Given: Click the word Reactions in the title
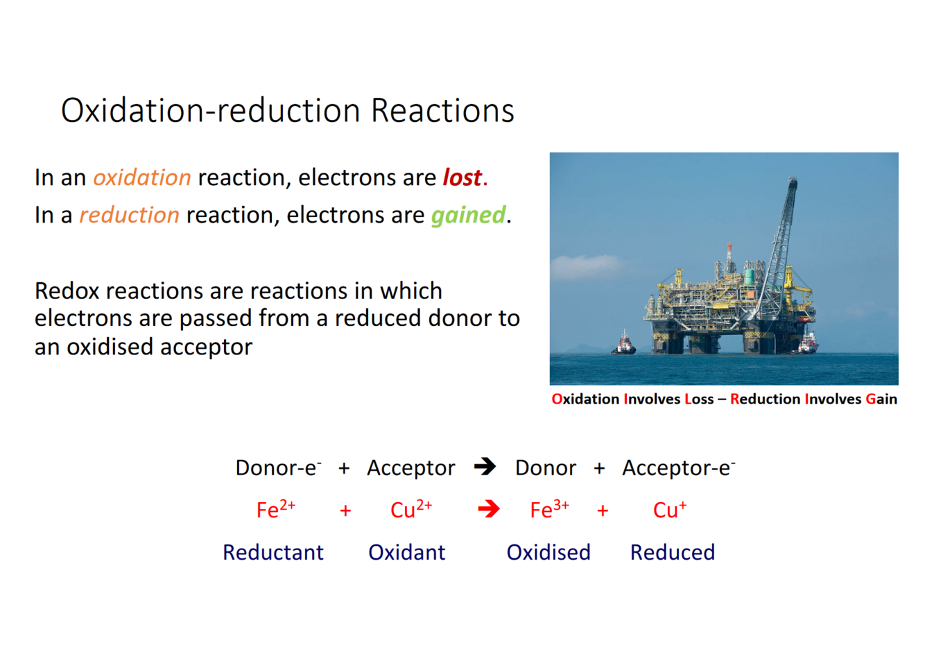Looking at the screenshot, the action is point(442,111).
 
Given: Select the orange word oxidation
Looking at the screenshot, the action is point(142,178).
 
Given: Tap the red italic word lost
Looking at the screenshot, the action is point(462,178).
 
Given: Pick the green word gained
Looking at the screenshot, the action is point(468,216).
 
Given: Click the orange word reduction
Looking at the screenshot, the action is point(129,215).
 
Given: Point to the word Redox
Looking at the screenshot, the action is point(67,291).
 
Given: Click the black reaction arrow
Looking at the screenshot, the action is point(485,467).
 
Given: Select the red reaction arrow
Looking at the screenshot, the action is point(489,509).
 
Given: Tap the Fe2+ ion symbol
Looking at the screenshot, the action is point(276,509).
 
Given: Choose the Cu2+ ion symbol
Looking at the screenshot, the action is point(411,509).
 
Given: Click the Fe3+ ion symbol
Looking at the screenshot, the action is point(550,509).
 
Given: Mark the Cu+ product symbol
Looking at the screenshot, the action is point(669,509).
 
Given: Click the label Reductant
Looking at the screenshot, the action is point(273,552).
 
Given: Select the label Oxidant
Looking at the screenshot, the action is point(407,552).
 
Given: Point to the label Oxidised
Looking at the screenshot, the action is point(548,552).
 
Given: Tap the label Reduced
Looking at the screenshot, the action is point(673,552).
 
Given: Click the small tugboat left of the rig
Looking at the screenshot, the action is point(623,344).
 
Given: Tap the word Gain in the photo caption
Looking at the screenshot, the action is point(881,399).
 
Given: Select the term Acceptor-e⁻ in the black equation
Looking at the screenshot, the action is point(678,467).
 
